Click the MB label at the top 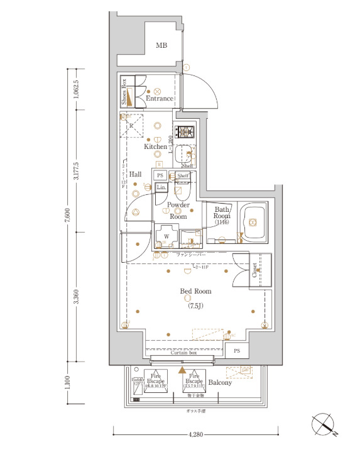pyautogui.click(x=162, y=45)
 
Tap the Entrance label pyautogui.click(x=159, y=99)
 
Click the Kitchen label pyautogui.click(x=155, y=146)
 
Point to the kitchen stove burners pyautogui.click(x=185, y=132)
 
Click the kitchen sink pyautogui.click(x=183, y=155)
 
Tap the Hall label pyautogui.click(x=135, y=174)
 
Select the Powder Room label pyautogui.click(x=178, y=211)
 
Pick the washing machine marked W pyautogui.click(x=166, y=237)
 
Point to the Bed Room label pyautogui.click(x=196, y=291)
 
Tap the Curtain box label pyautogui.click(x=183, y=353)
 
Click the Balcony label pyautogui.click(x=220, y=382)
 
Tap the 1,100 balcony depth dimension pyautogui.click(x=76, y=384)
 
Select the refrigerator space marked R pyautogui.click(x=132, y=125)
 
